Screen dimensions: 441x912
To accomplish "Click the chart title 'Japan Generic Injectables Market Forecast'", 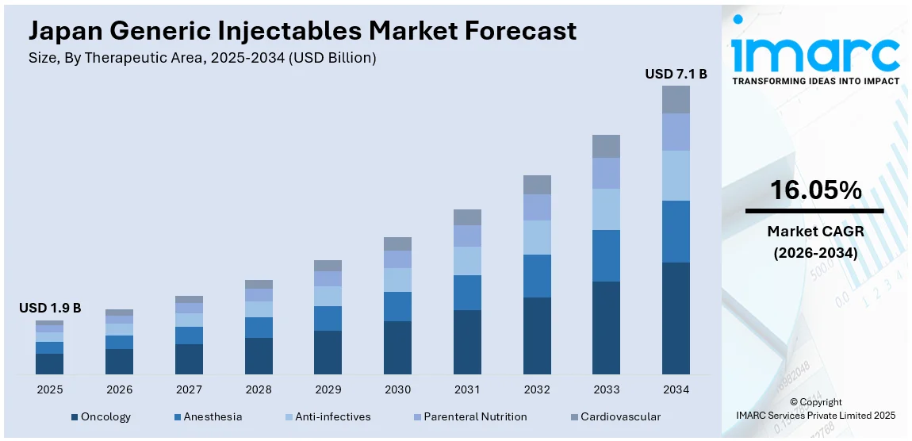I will point(302,31).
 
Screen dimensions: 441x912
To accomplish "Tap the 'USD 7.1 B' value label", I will point(676,74).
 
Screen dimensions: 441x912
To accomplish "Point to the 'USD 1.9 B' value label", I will point(50,308).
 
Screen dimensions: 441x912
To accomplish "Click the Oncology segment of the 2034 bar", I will point(676,317).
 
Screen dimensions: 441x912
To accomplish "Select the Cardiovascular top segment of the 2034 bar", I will point(676,99).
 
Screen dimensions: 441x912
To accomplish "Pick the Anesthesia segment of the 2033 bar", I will point(606,255).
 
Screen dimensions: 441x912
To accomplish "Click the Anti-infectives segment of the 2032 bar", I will point(537,237).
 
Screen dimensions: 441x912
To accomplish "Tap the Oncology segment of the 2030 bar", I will point(397,347).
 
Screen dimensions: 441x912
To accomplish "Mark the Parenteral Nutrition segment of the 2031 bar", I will point(467,236).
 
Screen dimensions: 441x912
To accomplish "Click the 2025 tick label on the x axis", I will point(49,389).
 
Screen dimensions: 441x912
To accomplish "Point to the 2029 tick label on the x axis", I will point(328,389).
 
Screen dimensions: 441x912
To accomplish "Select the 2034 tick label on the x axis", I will point(676,389).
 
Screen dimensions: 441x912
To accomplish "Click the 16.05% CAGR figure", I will point(815,190).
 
